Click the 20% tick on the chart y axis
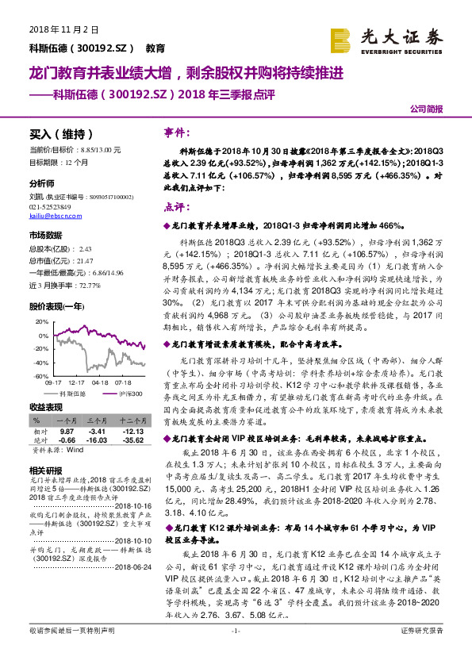click(40, 322)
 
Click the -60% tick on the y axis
click(39, 375)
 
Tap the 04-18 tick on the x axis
click(100, 382)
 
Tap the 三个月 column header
click(97, 420)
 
